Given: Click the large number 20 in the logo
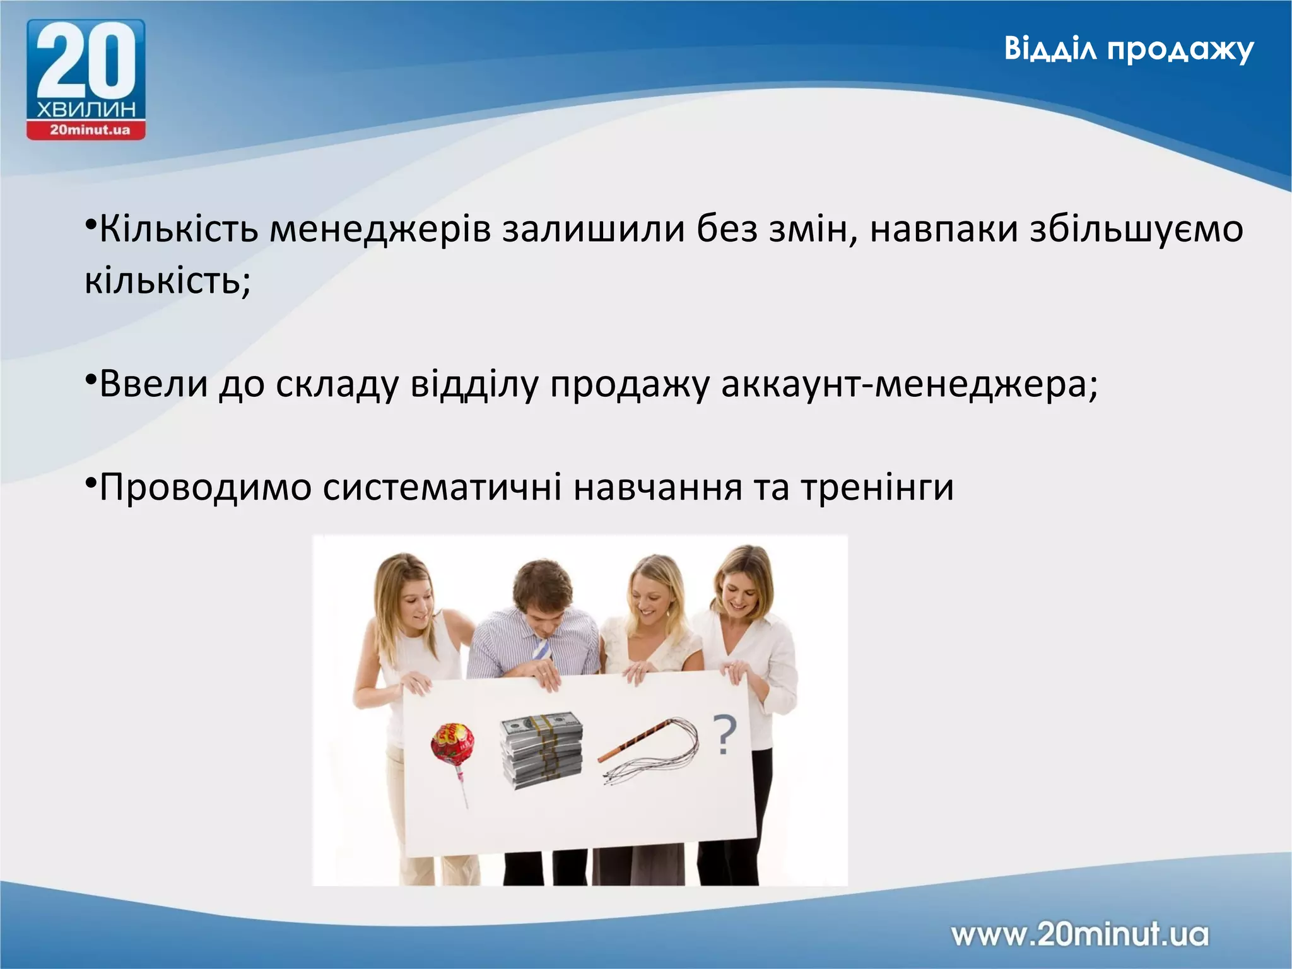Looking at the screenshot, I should tap(86, 62).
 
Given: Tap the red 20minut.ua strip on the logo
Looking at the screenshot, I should tap(86, 131).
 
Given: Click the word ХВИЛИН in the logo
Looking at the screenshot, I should tap(86, 110).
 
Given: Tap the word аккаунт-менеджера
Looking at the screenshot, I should tap(909, 384).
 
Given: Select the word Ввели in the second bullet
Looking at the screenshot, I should tap(154, 383).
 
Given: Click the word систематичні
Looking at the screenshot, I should tap(442, 488).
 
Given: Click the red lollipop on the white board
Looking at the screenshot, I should tap(452, 745).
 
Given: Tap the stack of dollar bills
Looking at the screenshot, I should tap(541, 750).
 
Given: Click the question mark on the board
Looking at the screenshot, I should tap(725, 735).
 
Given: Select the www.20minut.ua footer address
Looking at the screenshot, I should tap(1079, 934).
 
